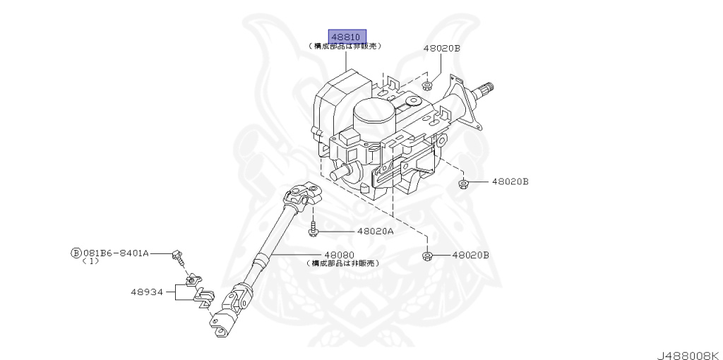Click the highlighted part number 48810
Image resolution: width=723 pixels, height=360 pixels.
click(346, 36)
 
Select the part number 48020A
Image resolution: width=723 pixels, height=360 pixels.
click(375, 231)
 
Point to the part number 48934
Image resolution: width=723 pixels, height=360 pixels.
click(146, 291)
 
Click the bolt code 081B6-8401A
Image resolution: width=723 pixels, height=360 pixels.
click(116, 252)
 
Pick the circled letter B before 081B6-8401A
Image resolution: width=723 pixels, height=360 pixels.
click(76, 252)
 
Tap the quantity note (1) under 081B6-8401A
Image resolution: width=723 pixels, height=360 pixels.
click(90, 261)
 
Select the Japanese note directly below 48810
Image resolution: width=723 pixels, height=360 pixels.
click(345, 46)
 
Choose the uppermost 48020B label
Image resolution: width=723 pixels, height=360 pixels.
click(442, 49)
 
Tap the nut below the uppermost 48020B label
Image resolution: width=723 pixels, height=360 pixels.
click(428, 86)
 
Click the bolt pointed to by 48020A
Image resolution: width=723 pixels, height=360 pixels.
click(313, 229)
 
